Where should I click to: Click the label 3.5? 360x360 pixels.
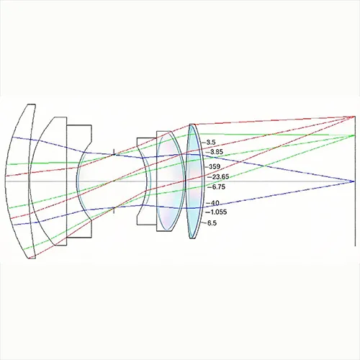click(x=211, y=143)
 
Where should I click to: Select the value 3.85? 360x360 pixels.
click(x=213, y=152)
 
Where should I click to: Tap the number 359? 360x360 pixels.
click(x=214, y=166)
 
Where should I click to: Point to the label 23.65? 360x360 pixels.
click(x=216, y=176)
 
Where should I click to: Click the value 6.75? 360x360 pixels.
click(x=215, y=186)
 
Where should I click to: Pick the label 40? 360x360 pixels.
click(x=213, y=203)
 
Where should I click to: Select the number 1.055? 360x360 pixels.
click(x=216, y=212)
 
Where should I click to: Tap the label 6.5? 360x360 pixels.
click(x=212, y=223)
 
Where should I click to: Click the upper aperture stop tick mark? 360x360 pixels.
click(x=113, y=152)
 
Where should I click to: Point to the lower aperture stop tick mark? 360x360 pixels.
click(x=113, y=209)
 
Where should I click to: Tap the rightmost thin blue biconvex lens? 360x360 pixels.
click(x=192, y=180)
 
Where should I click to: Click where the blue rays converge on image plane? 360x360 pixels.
click(x=354, y=181)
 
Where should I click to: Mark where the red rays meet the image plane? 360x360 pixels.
click(x=354, y=117)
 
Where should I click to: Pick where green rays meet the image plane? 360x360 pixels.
click(x=354, y=135)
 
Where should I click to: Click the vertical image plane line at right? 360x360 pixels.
click(x=355, y=216)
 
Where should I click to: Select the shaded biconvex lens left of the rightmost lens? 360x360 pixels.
click(x=167, y=180)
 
